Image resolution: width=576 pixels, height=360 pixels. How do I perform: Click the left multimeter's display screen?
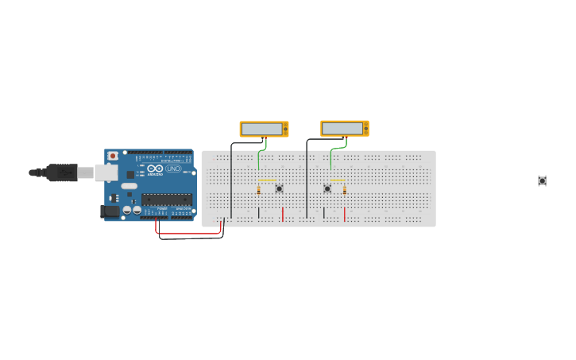(262, 129)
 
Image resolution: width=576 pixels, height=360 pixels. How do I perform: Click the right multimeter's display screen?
(343, 128)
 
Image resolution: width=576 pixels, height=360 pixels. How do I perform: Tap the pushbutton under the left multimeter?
(279, 188)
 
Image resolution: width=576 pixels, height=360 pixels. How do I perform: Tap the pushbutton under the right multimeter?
(327, 188)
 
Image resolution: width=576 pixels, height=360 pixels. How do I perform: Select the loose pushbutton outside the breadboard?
(542, 181)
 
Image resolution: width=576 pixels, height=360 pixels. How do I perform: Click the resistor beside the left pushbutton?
(259, 189)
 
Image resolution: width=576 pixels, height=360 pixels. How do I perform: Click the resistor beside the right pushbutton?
(345, 190)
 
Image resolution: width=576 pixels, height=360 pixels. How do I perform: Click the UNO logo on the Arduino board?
(172, 168)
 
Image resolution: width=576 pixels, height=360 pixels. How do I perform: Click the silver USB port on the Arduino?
(105, 172)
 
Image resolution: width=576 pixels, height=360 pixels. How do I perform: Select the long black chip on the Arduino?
(166, 199)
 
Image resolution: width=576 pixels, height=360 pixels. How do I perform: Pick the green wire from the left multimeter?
(259, 157)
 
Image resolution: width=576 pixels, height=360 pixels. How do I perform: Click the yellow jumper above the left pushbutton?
(268, 180)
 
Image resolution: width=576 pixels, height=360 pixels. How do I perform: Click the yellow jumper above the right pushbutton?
(337, 180)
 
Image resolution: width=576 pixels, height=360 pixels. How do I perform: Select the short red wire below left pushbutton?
(283, 215)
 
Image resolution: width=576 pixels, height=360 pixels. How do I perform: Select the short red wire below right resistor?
(345, 215)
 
